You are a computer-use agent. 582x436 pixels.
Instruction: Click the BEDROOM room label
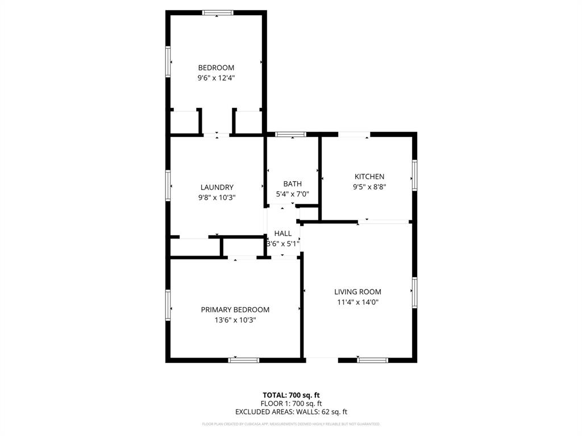click(x=216, y=68)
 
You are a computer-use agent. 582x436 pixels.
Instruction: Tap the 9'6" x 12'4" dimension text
click(x=216, y=78)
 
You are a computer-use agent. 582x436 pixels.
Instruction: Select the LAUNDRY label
click(x=217, y=187)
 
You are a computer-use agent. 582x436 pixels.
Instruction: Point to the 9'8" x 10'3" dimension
click(x=217, y=198)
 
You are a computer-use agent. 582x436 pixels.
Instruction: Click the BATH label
click(x=292, y=184)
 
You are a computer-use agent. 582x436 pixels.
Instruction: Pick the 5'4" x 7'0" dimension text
click(x=292, y=194)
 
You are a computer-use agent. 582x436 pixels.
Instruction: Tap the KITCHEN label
click(x=369, y=177)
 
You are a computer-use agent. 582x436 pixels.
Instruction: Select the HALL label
click(x=283, y=233)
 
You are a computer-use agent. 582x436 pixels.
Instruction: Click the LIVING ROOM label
click(x=357, y=292)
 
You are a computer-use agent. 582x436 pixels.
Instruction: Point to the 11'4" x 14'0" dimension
click(x=357, y=302)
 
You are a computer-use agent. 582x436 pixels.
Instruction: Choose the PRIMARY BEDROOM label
click(x=235, y=310)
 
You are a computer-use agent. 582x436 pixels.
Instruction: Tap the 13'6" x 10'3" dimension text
click(x=235, y=320)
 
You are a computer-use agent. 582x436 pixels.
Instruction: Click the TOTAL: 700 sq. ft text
click(x=291, y=395)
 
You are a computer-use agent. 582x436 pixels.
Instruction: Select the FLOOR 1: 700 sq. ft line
click(x=291, y=404)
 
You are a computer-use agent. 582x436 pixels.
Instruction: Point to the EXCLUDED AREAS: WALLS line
click(x=291, y=412)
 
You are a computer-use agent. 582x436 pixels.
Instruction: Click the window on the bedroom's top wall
click(x=218, y=12)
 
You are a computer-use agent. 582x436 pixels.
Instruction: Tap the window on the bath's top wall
click(x=290, y=135)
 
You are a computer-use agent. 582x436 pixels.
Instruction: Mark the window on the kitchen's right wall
click(x=415, y=175)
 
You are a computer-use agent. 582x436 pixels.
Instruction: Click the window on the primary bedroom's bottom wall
click(x=244, y=359)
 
